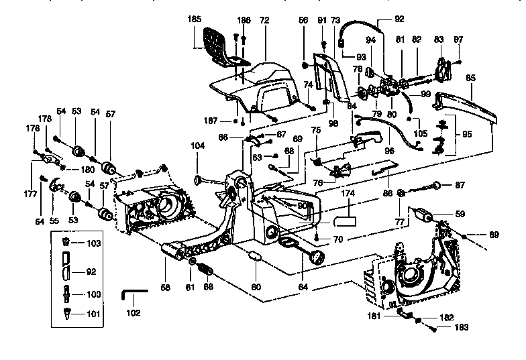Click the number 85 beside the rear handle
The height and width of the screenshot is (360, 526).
pos(470,78)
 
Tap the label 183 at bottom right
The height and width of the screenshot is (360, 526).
pos(442,328)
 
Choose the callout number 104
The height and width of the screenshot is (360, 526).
pos(197,145)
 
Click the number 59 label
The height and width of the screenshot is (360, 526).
pos(460,215)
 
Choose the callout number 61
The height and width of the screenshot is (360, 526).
pos(190,287)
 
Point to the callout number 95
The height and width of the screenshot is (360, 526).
pos(467,132)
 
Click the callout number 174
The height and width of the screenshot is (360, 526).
pos(348,193)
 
